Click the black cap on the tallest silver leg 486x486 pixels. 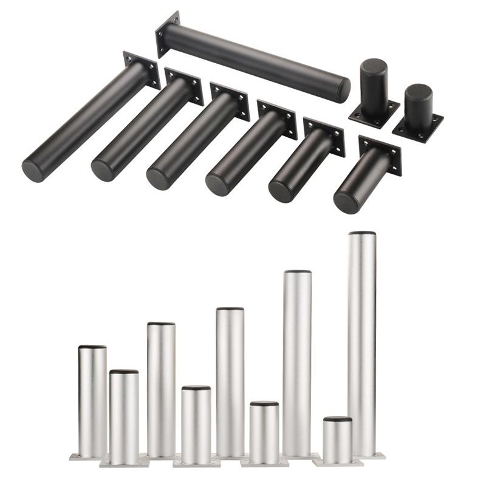coord(361,233)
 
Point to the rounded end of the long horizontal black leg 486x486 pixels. coord(343,91)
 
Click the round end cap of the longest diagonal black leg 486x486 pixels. coord(33,169)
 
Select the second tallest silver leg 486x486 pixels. coord(298,364)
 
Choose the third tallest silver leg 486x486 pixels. coord(230,383)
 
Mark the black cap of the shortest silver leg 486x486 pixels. coord(338,419)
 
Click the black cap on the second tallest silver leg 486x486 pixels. coord(298,272)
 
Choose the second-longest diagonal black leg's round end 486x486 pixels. coord(103,170)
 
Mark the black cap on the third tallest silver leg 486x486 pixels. coord(230,309)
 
